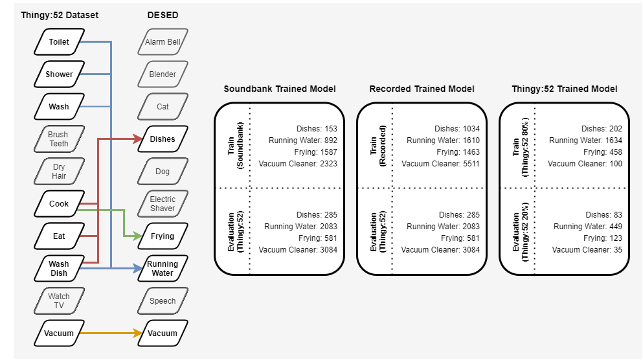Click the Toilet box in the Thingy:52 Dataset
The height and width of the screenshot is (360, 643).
coord(59,42)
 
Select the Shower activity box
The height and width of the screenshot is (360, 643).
coord(59,74)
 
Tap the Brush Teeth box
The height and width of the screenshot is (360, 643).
coord(58,139)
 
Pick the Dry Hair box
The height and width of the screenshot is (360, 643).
coord(58,172)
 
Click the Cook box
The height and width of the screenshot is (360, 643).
coord(59,203)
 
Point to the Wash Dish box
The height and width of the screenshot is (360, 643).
coord(58,269)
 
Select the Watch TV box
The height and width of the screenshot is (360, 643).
coord(58,301)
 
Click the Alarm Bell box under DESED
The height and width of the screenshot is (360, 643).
coord(163,42)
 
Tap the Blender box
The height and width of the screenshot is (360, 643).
coord(163,74)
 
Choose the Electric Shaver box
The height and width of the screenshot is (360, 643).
coord(163,204)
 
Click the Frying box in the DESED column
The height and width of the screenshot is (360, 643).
coord(163,236)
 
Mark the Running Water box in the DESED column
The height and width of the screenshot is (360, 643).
coord(163,269)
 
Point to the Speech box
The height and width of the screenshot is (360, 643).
coord(163,301)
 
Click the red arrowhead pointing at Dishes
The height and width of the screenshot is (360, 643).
coord(139,139)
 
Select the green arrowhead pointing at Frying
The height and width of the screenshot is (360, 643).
coord(139,236)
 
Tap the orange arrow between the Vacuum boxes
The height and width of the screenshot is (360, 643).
coord(110,333)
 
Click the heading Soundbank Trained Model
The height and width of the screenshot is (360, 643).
coord(280,89)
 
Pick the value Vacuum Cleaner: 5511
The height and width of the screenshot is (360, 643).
coord(440,164)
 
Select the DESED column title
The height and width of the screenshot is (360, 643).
coord(163,15)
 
